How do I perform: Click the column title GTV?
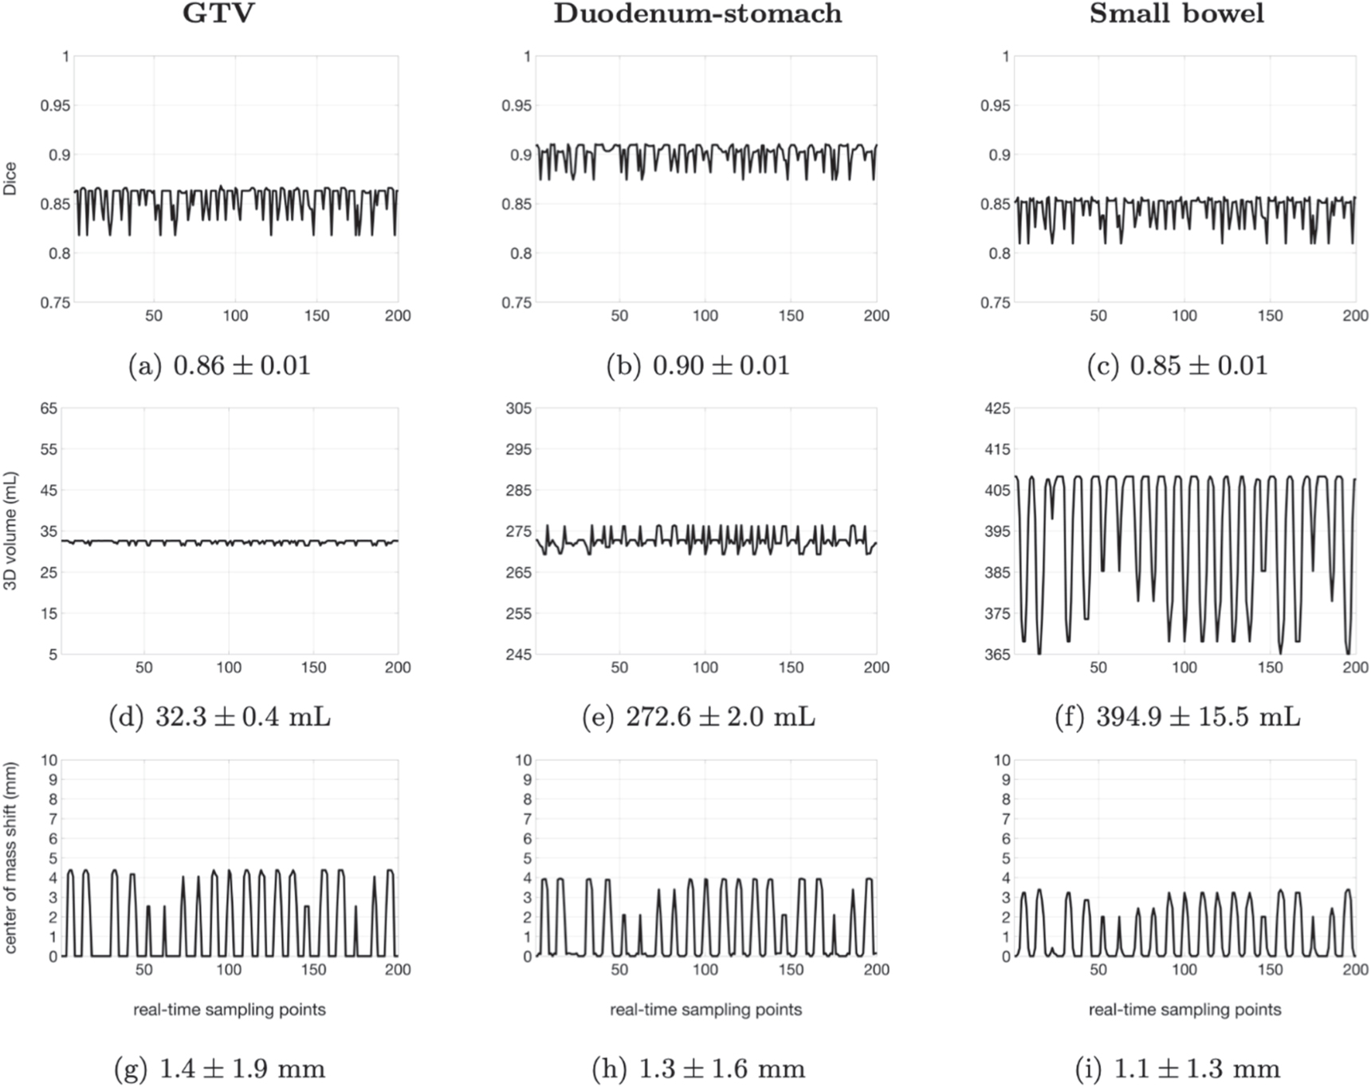click(218, 14)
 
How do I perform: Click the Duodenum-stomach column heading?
click(697, 14)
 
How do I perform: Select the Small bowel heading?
click(1177, 14)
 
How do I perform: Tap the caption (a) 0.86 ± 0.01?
click(219, 365)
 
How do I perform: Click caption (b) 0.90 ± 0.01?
click(697, 365)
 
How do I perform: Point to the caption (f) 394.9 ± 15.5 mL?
click(1177, 717)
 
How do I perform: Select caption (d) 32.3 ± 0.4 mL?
click(219, 717)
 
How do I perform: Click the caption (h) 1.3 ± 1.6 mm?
click(697, 1068)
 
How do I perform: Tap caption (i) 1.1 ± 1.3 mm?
click(1177, 1068)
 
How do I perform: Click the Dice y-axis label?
click(10, 179)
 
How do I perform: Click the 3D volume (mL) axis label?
click(10, 530)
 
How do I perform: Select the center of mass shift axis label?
click(10, 857)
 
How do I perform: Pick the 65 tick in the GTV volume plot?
click(49, 408)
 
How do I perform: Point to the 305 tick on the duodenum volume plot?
click(518, 408)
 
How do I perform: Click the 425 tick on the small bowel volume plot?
click(997, 408)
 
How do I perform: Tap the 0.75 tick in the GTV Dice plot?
click(55, 302)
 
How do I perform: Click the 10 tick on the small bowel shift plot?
click(1001, 760)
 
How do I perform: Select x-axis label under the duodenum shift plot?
click(705, 1010)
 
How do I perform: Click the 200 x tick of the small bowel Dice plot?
click(1354, 316)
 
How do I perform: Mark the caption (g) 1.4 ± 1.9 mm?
click(219, 1068)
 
